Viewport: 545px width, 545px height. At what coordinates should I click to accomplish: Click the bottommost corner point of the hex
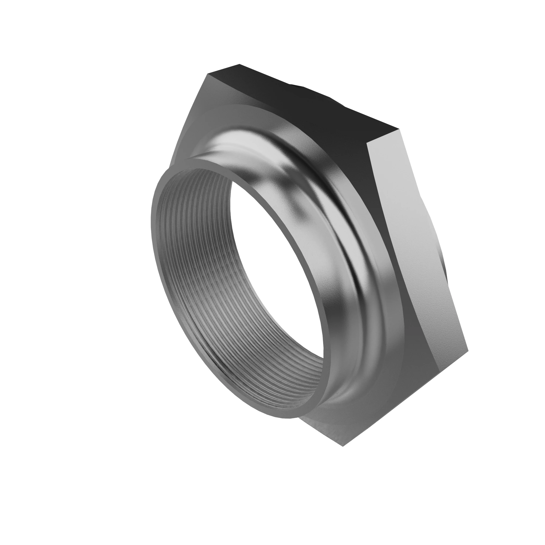343,446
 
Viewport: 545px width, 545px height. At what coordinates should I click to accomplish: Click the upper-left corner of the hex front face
208,75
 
